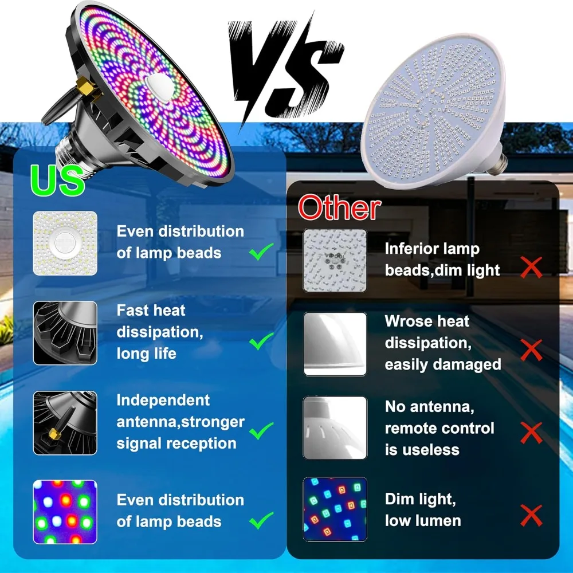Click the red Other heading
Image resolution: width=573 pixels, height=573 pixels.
339,208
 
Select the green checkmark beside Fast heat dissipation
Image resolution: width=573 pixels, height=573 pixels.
261,343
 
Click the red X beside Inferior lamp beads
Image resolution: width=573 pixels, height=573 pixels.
531,268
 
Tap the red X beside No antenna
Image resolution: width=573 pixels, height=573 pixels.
531,433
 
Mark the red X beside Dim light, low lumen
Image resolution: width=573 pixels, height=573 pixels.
531,516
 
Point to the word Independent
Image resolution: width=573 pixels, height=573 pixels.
163,401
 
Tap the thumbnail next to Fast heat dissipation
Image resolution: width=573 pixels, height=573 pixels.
65,333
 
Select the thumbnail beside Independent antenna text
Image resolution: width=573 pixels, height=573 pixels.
65,423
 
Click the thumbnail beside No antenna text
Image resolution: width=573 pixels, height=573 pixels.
335,427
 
